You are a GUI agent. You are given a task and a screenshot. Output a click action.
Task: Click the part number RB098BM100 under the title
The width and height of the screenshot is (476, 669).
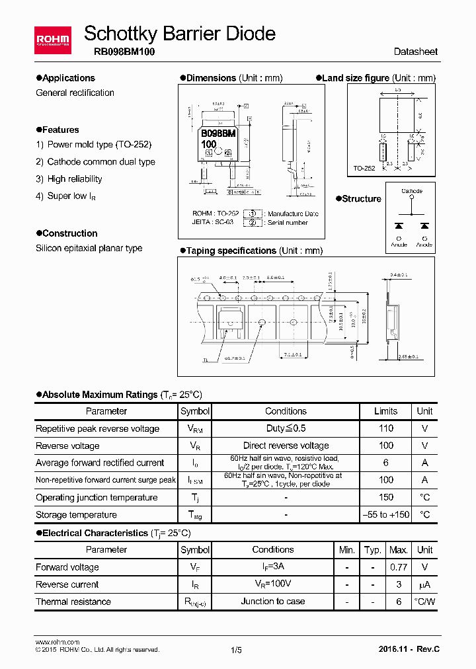(120, 52)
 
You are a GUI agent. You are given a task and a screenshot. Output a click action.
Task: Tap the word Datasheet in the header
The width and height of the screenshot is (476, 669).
(415, 52)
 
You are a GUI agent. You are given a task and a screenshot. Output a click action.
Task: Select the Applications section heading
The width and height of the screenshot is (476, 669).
(68, 78)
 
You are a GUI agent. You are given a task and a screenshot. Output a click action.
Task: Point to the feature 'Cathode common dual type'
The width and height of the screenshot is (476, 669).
(101, 162)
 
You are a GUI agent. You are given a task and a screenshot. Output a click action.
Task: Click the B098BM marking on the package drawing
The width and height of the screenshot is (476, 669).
(218, 134)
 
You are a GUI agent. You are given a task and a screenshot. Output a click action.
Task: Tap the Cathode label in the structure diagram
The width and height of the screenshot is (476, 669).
(412, 191)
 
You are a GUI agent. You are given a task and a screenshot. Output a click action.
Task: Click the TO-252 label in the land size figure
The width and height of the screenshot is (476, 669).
(364, 169)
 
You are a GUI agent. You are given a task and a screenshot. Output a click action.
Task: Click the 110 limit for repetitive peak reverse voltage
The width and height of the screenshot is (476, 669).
(385, 428)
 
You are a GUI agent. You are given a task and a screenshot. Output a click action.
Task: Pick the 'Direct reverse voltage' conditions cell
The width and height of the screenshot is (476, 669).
(286, 446)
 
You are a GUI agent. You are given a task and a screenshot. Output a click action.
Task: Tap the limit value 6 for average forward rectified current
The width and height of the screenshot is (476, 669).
(385, 463)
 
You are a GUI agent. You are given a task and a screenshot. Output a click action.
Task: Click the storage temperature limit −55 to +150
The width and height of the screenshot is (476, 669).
(385, 514)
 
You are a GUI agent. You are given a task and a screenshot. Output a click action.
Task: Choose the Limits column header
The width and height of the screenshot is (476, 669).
(385, 411)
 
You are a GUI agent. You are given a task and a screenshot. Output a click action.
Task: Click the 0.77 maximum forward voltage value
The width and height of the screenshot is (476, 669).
(398, 567)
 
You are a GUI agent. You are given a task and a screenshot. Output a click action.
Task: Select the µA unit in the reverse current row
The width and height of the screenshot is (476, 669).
(424, 584)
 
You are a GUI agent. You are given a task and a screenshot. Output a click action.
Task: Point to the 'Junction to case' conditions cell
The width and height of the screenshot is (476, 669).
(273, 601)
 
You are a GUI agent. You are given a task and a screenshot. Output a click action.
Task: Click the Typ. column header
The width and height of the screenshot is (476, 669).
(373, 550)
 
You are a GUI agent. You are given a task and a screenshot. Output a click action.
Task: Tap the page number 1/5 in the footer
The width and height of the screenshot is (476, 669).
(236, 650)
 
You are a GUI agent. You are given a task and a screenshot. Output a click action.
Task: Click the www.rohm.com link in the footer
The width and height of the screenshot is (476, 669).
(57, 642)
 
